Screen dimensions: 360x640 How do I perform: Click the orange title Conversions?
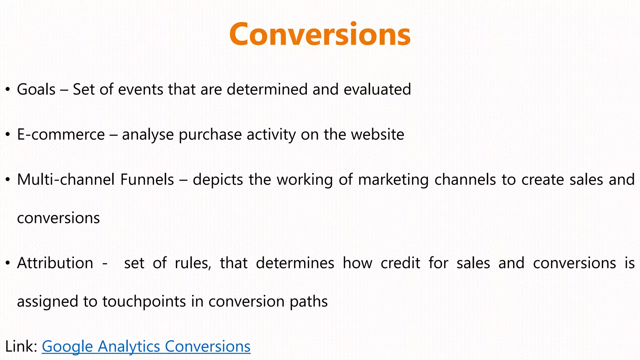[320, 34]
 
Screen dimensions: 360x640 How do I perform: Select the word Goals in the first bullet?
[36, 90]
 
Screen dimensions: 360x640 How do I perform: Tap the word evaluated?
[377, 90]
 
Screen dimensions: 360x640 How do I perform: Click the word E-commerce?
[61, 135]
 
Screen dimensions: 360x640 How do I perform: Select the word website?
[377, 135]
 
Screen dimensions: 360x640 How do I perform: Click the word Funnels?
[147, 180]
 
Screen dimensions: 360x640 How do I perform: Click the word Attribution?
[55, 263]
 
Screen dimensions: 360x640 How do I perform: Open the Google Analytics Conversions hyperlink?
[146, 347]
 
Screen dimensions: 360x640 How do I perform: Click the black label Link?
[21, 347]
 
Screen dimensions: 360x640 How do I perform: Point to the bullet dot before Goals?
[8, 90]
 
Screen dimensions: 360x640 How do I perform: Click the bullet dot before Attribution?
[8, 263]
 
